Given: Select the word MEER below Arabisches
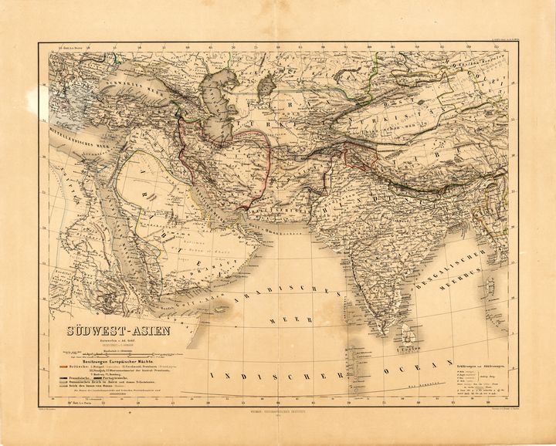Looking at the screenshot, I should coord(286,316).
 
